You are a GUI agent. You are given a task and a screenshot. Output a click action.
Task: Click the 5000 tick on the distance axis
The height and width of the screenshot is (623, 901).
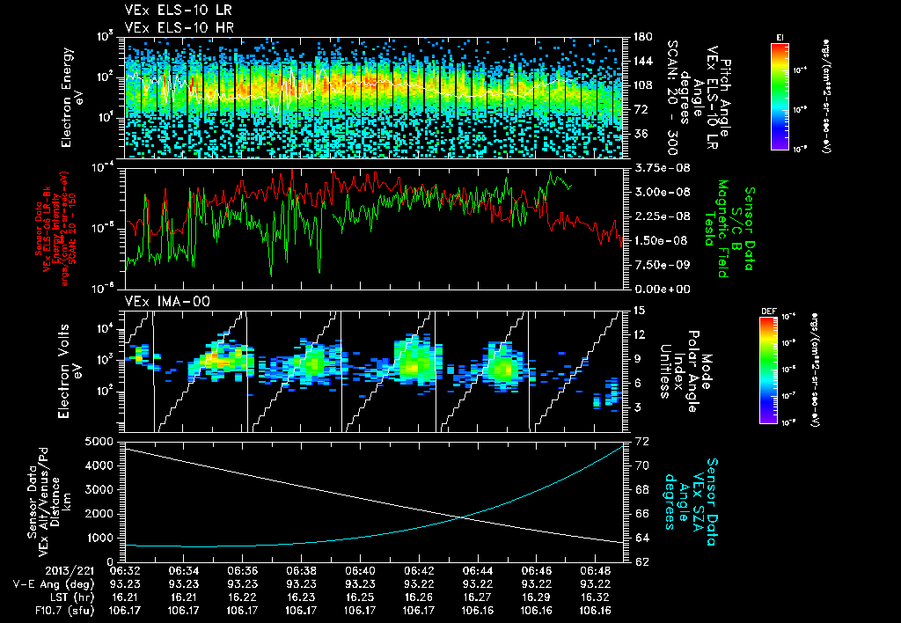tap(100, 441)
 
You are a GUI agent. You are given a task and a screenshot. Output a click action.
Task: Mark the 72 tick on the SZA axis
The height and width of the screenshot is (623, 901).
tap(641, 440)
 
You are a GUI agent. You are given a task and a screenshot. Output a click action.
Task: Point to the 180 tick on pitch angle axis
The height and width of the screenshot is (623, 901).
tap(640, 37)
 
